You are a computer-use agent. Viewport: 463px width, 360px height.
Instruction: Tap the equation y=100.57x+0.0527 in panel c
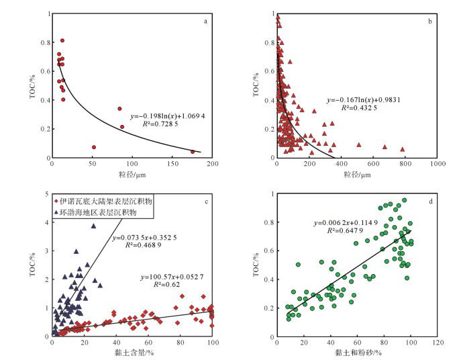(173, 277)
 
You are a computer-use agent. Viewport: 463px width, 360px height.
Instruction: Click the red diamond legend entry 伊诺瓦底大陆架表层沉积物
(98, 201)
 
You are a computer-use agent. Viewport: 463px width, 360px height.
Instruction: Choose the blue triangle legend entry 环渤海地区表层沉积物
(95, 212)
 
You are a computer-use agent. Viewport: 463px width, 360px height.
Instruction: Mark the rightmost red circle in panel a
(193, 152)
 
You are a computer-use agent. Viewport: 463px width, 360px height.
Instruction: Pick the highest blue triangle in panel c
(94, 226)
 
